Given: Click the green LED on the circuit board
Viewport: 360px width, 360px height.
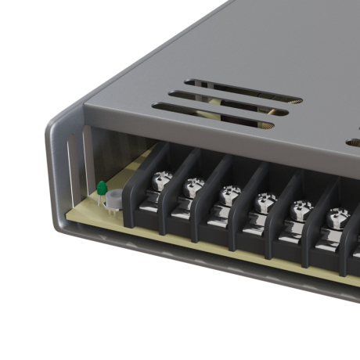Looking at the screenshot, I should click(102, 188).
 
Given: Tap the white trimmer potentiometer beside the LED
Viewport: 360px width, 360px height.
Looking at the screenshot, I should click(114, 200).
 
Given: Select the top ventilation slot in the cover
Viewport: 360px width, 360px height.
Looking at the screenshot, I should click(243, 90).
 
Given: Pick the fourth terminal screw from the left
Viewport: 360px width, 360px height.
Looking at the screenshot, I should click(265, 201).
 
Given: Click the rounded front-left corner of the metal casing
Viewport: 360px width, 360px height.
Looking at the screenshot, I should click(56, 157).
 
